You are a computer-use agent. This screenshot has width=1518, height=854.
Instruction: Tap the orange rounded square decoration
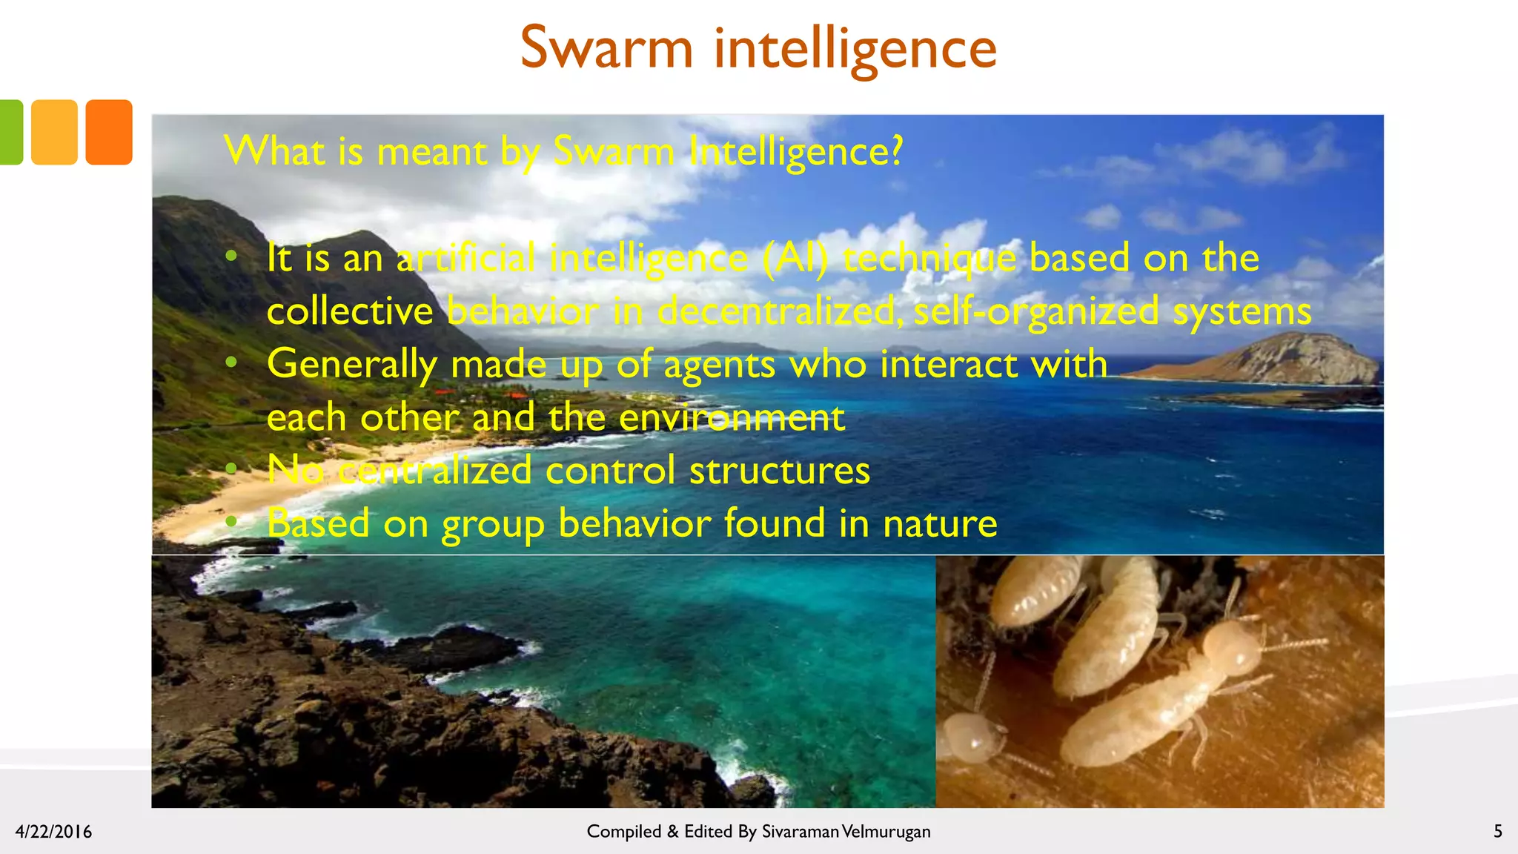[x=109, y=132]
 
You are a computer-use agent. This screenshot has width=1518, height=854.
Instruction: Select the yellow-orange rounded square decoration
[x=54, y=132]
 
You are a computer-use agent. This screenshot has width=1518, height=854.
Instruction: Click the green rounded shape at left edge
[x=10, y=132]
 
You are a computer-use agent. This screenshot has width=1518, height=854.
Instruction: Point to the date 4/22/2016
[x=53, y=832]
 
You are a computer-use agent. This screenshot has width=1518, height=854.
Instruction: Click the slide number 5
[x=1497, y=832]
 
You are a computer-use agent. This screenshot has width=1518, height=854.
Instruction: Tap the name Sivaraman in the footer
[x=800, y=832]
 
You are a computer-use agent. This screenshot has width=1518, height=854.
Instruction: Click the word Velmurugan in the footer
[x=886, y=832]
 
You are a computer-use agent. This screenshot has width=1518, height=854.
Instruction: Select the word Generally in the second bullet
[x=351, y=365]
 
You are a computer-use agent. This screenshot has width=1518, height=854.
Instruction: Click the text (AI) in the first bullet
[x=795, y=259]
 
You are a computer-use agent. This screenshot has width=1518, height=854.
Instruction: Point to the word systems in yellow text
[x=1242, y=311]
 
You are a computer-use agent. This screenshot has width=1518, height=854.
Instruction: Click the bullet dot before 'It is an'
[x=231, y=256]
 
